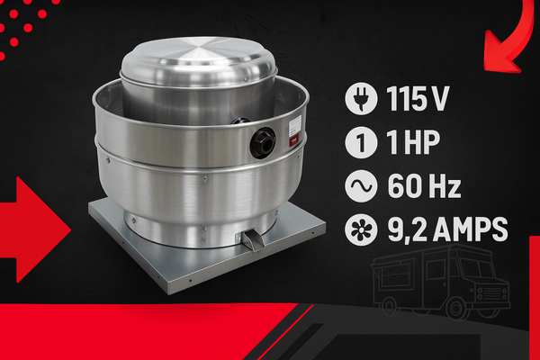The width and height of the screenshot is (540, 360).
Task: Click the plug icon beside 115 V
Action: pyautogui.click(x=361, y=98)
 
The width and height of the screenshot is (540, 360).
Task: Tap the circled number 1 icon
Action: pyautogui.click(x=361, y=142)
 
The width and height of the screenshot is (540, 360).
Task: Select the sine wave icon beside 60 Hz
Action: pyautogui.click(x=361, y=186)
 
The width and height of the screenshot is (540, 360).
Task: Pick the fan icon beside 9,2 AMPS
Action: pyautogui.click(x=361, y=229)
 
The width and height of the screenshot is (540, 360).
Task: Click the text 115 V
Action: pyautogui.click(x=418, y=98)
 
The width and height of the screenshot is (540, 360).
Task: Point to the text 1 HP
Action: pyautogui.click(x=413, y=142)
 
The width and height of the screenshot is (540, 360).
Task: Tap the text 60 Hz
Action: pyautogui.click(x=424, y=186)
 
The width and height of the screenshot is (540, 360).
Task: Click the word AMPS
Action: pyautogui.click(x=471, y=229)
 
